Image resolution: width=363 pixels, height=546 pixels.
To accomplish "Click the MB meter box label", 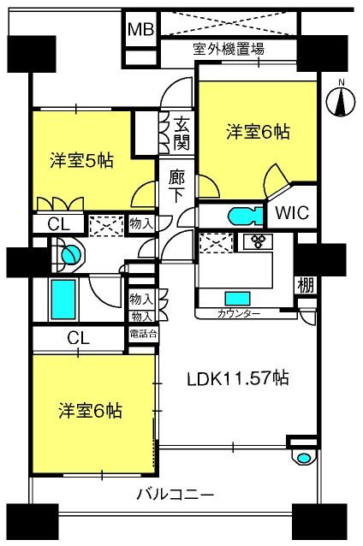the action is tap(140, 30).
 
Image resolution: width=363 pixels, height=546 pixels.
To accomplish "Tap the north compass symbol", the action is tap(341, 102).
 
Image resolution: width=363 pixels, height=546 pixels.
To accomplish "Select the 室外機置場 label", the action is tap(229, 49).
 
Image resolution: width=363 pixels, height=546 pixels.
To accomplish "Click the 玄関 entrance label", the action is tap(181, 134).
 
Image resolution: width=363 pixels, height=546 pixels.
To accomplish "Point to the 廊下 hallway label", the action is tap(176, 187).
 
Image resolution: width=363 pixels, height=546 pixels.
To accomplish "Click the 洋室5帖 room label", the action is tap(81, 161).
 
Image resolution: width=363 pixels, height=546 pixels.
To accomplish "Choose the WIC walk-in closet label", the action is tap(292, 212).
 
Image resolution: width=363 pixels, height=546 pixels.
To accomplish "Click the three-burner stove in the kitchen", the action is tap(259, 241).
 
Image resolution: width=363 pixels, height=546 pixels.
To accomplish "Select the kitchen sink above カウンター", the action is tap(238, 299).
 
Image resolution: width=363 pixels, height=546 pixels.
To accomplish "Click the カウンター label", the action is tap(239, 314).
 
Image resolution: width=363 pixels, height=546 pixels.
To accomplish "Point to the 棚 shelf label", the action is tap(306, 285).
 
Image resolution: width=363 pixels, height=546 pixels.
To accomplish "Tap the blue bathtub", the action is tap(63, 300).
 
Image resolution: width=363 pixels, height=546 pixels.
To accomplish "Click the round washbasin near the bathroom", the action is tap(71, 254).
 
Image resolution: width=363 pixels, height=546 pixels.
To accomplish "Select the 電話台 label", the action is tap(143, 335).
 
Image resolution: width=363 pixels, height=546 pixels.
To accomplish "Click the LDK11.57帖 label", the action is tap(238, 378).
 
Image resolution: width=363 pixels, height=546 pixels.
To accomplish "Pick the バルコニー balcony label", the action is tap(176, 495).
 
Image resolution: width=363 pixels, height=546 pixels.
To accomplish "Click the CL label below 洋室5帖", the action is tap(58, 224).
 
